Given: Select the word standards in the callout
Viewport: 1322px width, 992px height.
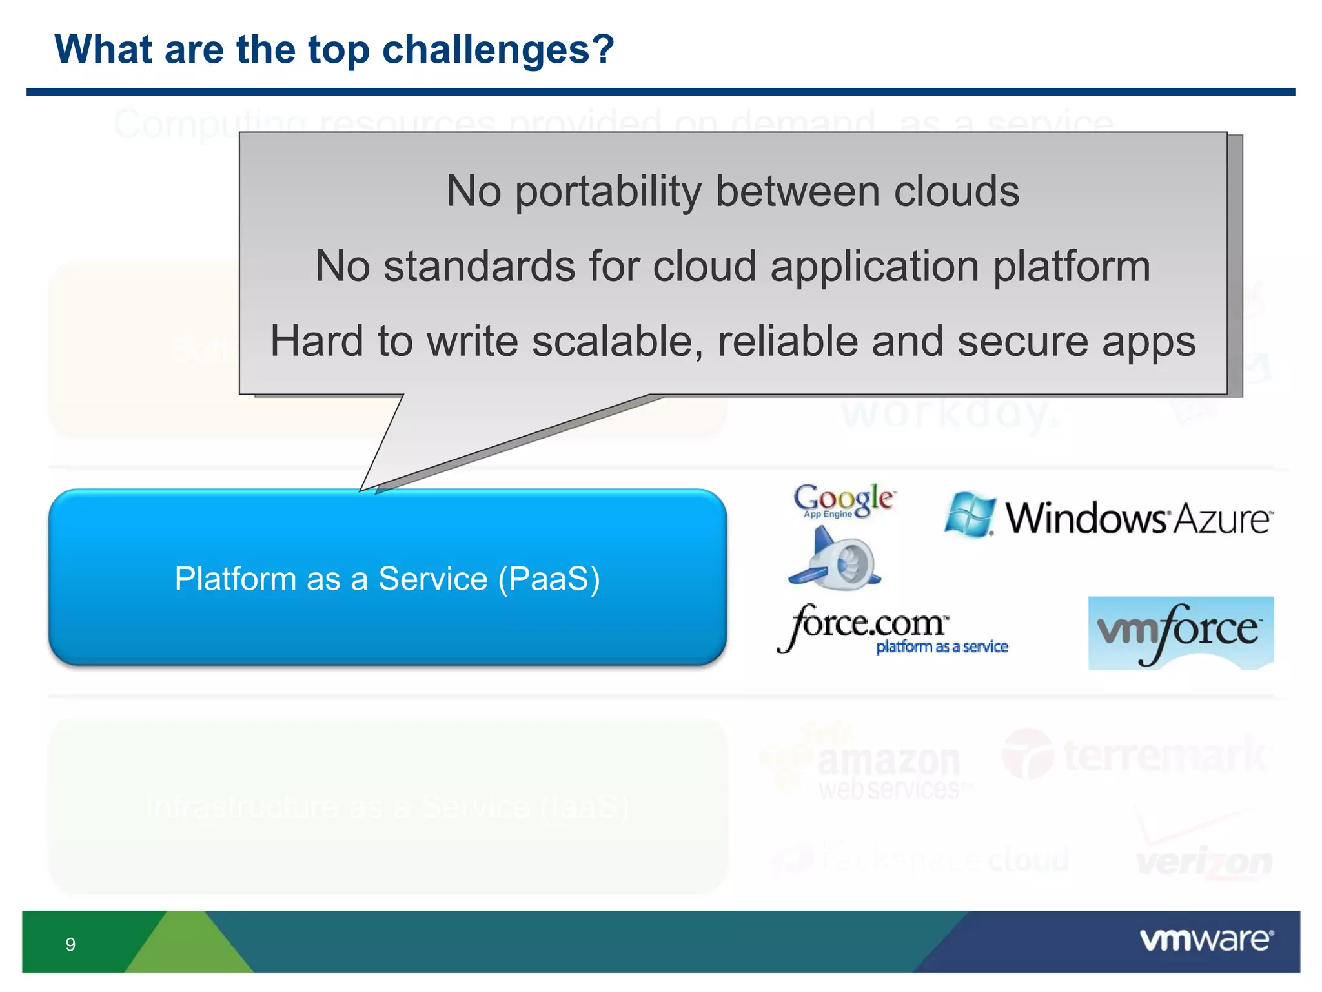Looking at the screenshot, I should tap(479, 267).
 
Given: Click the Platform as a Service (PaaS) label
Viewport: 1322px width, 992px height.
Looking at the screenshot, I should tap(387, 579).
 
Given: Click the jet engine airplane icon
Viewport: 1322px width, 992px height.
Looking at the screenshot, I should tap(835, 559).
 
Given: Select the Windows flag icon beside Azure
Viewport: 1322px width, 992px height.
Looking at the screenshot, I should tap(969, 515).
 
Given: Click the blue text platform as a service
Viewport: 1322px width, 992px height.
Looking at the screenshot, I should tap(942, 647).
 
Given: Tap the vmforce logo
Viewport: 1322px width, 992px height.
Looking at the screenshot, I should tap(1181, 632).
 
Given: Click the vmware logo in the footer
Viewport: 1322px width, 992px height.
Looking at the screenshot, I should tap(1206, 940).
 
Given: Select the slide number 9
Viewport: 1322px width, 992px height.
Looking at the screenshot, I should tap(70, 945).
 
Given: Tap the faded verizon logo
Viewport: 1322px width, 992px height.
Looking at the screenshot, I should tap(1204, 862).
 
